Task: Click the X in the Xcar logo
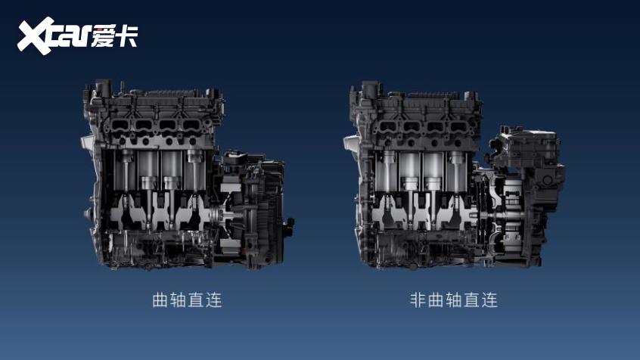(36, 36)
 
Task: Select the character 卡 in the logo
(126, 36)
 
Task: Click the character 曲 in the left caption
(160, 300)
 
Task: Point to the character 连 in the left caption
(214, 300)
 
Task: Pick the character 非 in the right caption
(418, 300)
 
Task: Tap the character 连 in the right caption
(489, 300)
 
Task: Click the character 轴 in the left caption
(178, 300)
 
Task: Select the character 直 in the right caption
(472, 300)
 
